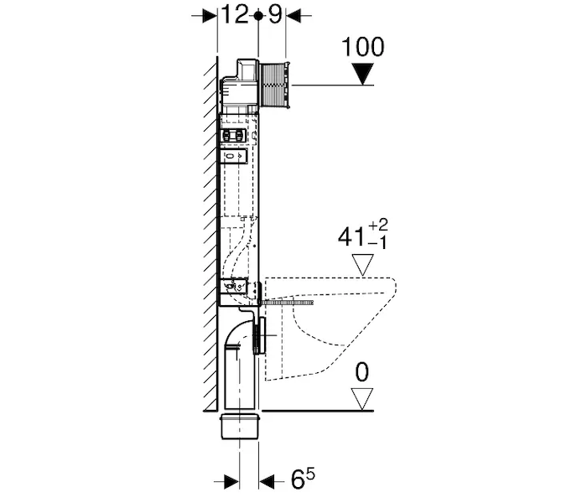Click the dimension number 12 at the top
pyautogui.click(x=235, y=15)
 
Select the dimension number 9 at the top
pyautogui.click(x=274, y=15)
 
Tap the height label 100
pyautogui.click(x=363, y=47)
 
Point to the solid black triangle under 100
pyautogui.click(x=364, y=74)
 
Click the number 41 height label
pyautogui.click(x=351, y=236)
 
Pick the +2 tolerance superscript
pyautogui.click(x=378, y=226)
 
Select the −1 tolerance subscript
pyautogui.click(x=377, y=244)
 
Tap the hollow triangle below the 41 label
pyautogui.click(x=363, y=265)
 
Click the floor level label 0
pyautogui.click(x=361, y=372)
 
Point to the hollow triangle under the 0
pyautogui.click(x=362, y=399)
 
